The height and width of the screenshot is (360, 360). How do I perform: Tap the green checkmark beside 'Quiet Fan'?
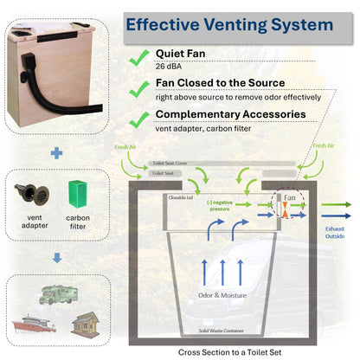pos(137,57)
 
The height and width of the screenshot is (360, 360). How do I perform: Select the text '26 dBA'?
pos(170,66)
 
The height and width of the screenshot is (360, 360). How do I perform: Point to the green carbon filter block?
pos(76,196)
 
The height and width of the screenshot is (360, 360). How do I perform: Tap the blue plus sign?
pos(56,152)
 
